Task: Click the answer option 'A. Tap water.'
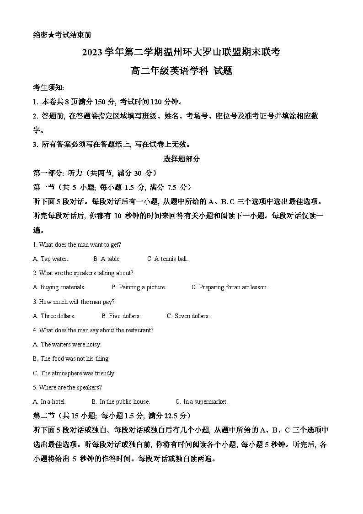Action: [50, 259]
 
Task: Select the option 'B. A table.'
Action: [107, 259]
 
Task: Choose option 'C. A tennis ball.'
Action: [167, 259]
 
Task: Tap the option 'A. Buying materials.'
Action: [59, 287]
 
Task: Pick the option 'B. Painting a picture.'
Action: [139, 287]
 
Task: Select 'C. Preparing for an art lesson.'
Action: [230, 287]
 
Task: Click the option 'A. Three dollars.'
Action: [54, 316]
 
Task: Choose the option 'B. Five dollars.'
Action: [121, 316]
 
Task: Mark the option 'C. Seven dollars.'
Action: [188, 316]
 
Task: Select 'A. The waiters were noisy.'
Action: [67, 345]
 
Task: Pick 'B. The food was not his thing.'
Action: [71, 359]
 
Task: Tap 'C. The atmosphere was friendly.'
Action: [74, 373]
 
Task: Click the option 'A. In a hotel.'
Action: [49, 402]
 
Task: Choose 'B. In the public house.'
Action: [121, 402]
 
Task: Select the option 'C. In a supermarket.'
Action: [202, 402]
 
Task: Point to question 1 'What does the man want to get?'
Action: [77, 245]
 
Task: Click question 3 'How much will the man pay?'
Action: [74, 302]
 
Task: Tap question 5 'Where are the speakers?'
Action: [67, 388]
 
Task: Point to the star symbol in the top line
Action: [53, 35]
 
